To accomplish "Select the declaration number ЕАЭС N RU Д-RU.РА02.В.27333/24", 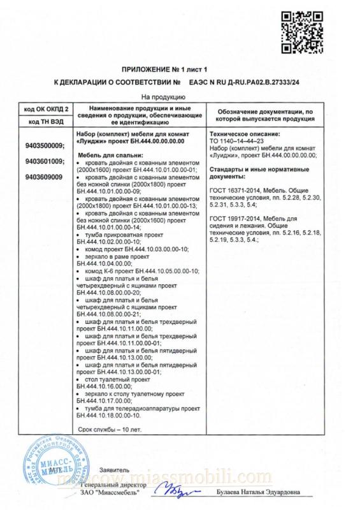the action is (x=243, y=82).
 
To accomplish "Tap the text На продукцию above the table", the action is (x=163, y=98).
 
